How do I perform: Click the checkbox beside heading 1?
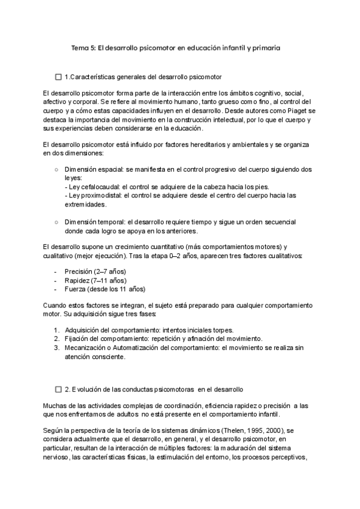[58, 77]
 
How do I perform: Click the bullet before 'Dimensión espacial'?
[56, 170]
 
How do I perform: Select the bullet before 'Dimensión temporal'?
[56, 222]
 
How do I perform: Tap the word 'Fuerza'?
[75, 289]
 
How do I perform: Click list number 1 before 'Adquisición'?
[56, 330]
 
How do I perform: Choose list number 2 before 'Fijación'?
[56, 339]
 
